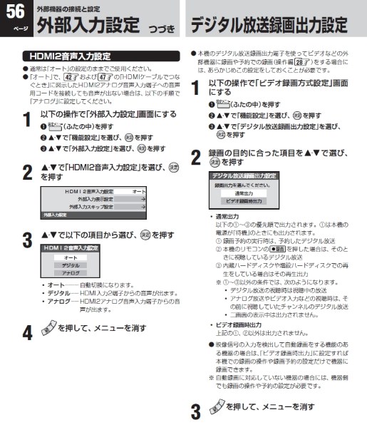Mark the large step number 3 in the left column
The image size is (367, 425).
(x=26, y=238)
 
